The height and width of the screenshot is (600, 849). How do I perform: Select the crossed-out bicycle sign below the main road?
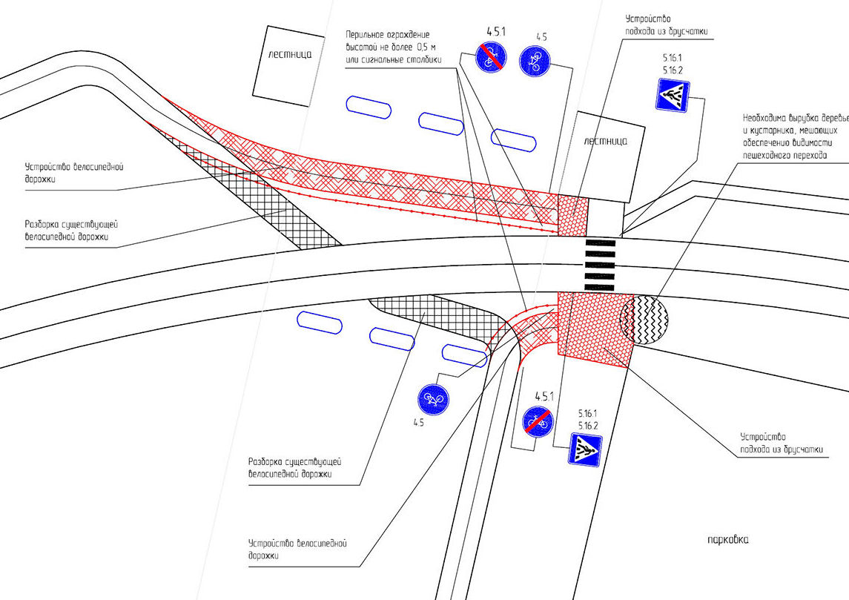538,420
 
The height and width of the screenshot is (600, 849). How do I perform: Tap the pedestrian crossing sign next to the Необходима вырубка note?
673,95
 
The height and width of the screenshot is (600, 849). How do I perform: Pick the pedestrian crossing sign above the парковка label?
585,449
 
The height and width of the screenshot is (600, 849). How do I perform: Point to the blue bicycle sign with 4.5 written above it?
534,60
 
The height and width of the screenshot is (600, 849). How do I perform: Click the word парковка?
727,540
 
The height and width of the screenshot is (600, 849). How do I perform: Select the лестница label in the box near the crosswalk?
605,140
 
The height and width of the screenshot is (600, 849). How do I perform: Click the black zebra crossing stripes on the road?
601,264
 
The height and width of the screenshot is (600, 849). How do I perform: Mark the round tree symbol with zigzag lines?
644,320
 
